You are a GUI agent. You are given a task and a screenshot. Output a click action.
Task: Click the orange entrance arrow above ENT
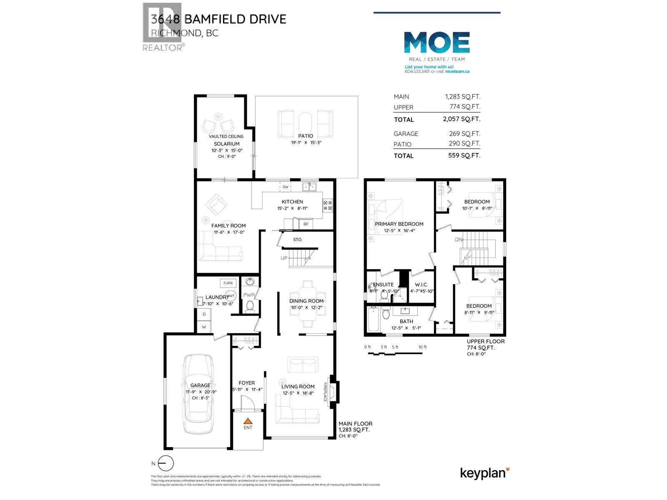coord(248,421)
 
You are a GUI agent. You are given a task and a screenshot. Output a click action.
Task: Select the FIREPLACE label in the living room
coord(326,392)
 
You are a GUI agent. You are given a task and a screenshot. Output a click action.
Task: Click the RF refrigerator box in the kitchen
coord(306,224)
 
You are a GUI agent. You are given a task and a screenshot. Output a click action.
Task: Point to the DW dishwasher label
coord(286,187)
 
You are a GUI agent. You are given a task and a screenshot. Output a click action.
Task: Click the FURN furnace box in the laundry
coord(228,283)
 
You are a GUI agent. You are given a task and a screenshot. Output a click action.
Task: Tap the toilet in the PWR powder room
coord(250,307)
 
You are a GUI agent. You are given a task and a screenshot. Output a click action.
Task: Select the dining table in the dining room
coord(308,301)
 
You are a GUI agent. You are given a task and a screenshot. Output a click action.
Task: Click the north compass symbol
coord(166,464)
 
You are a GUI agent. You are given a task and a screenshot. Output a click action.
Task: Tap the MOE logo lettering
coord(437,43)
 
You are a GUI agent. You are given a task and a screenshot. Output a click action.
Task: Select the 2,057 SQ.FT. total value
coord(461,119)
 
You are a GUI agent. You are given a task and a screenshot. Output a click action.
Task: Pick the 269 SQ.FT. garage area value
coord(463,134)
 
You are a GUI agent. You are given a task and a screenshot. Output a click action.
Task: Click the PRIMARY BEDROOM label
coord(399,224)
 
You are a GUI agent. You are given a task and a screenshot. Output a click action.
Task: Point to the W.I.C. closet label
coord(421,285)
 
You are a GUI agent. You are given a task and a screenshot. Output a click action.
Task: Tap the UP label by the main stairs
coord(284,258)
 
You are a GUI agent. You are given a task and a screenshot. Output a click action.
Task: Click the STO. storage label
coord(298,240)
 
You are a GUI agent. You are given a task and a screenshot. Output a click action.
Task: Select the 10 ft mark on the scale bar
coord(422,347)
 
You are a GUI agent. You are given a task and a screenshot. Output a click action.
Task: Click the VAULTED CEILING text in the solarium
coord(226,136)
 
